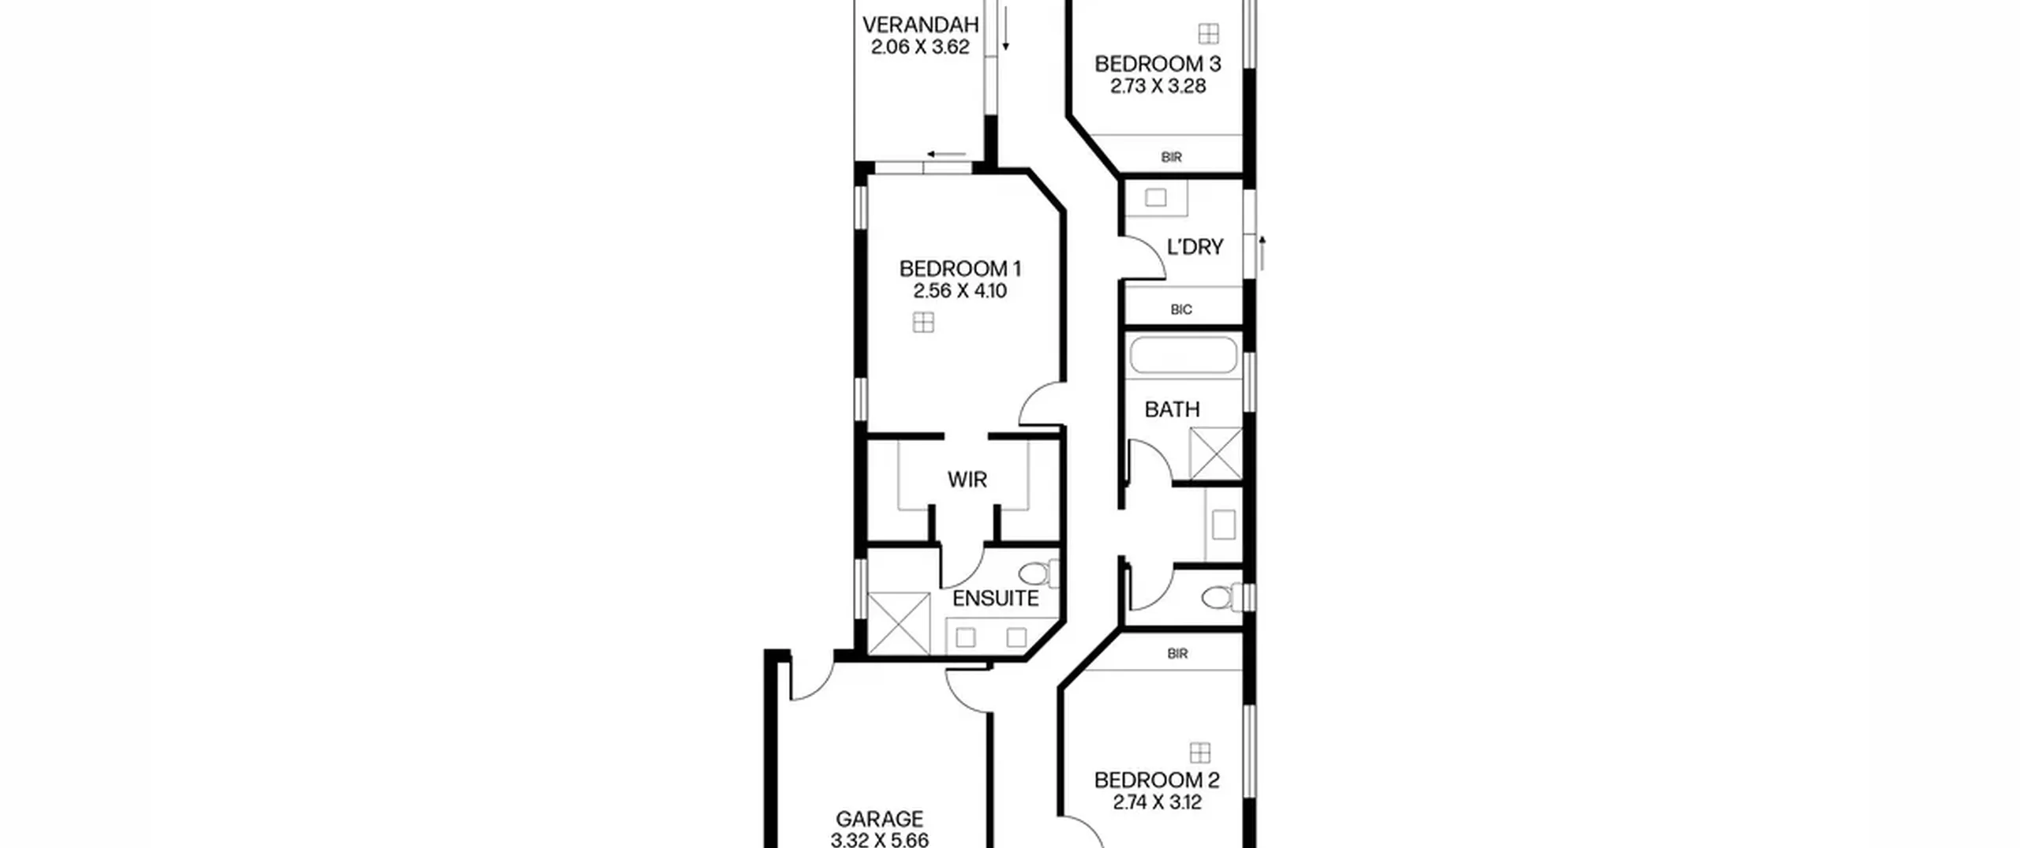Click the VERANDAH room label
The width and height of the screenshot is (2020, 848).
tap(920, 25)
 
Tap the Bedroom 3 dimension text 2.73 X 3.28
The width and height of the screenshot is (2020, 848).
tap(1158, 86)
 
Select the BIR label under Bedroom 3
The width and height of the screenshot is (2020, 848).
tap(1172, 158)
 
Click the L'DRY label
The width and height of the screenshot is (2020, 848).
tap(1195, 248)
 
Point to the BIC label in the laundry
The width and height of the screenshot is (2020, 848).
tap(1181, 310)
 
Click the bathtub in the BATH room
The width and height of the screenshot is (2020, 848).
tap(1184, 355)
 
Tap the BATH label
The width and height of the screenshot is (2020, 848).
tap(1172, 409)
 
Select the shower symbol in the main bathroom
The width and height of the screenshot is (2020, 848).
tap(1215, 454)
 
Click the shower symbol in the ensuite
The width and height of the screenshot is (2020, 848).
tap(899, 623)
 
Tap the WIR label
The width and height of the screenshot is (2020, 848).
tap(967, 480)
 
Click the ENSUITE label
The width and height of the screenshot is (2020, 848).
tap(995, 599)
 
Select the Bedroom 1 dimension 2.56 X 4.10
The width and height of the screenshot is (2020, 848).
tap(960, 291)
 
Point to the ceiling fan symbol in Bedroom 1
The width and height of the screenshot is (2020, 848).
tap(923, 323)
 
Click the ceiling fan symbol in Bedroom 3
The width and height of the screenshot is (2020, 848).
tap(1208, 34)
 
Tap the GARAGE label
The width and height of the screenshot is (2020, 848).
tap(879, 820)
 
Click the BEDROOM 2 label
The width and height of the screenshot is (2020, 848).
tap(1157, 781)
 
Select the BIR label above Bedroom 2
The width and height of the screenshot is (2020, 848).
tap(1177, 654)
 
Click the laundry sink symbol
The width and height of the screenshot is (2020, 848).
tap(1156, 197)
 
